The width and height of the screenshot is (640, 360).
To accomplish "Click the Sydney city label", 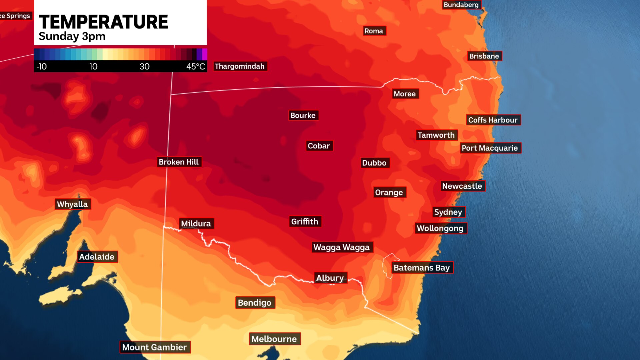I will pos(448,212).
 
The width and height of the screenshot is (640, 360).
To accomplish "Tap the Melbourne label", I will pos(274,339).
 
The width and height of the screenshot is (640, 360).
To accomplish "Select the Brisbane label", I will pos(484,56).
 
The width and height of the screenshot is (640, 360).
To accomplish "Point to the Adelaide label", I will pos(97,257).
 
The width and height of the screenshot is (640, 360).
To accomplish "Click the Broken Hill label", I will pos(179,162).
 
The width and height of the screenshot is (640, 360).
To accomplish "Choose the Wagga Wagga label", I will pos(342,247).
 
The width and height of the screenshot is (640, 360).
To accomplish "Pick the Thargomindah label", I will pos(240,66).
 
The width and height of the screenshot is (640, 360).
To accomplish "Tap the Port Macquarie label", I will pos(490,148).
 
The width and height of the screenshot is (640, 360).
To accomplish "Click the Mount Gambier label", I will pos(154,347).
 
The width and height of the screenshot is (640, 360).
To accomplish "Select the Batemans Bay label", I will pos(422,268).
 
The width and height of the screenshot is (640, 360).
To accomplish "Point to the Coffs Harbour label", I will pos(493,120).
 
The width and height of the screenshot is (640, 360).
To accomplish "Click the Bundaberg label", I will pos(461,5).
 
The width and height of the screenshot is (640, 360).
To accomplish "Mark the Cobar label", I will pos(319,146).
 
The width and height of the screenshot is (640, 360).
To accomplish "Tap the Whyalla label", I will pos(72,204).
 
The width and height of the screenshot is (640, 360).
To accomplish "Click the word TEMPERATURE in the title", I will pos(103,22).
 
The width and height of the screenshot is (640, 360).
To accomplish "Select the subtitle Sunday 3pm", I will pos(72,36).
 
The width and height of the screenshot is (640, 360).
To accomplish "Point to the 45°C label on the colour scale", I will pos(196,67).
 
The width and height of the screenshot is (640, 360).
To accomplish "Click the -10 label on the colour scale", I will pos(42,67).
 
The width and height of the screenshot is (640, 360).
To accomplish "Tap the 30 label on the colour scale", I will pos(144,67).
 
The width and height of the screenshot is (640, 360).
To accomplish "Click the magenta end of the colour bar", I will pos(205,54).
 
